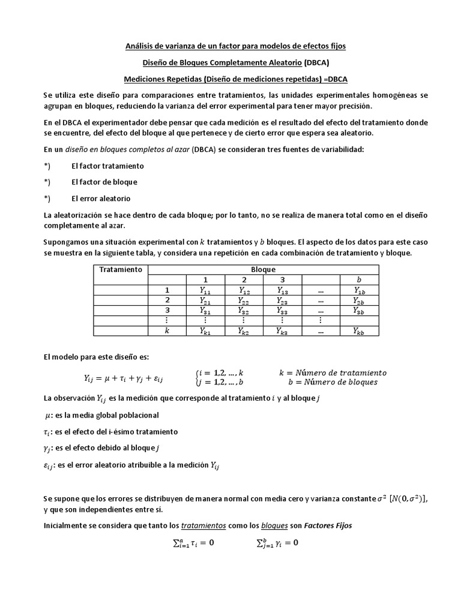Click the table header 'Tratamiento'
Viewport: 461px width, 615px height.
click(121, 270)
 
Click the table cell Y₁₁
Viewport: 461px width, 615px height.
click(205, 290)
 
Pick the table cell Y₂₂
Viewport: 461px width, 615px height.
click(244, 300)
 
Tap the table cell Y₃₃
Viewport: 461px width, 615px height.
click(282, 311)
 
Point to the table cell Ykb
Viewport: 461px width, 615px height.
click(358, 331)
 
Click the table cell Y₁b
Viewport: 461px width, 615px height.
click(358, 290)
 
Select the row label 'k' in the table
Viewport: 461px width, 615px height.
click(168, 331)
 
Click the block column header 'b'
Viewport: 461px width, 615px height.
click(358, 280)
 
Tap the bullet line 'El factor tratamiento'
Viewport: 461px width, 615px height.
click(107, 166)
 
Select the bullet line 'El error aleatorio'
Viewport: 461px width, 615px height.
click(101, 198)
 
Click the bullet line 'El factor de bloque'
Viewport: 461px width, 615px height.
click(104, 182)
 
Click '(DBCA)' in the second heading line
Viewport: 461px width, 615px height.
click(316, 62)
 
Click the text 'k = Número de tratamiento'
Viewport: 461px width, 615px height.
click(333, 372)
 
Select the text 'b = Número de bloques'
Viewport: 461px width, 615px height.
click(333, 383)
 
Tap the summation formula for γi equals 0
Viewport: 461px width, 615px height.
click(277, 543)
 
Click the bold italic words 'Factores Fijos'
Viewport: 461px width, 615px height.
click(328, 525)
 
